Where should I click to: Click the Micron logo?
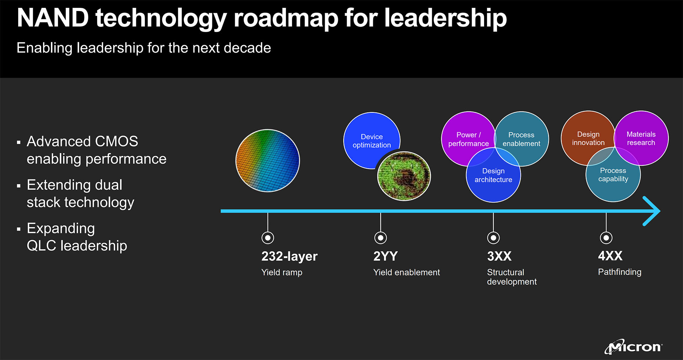pyautogui.click(x=634, y=346)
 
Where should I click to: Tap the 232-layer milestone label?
pyautogui.click(x=289, y=256)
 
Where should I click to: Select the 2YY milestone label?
pyautogui.click(x=385, y=256)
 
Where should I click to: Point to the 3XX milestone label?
pyautogui.click(x=499, y=256)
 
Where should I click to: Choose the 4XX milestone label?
pyautogui.click(x=610, y=256)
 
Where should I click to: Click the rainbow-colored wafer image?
pyautogui.click(x=268, y=160)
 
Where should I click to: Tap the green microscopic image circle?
pyautogui.click(x=404, y=176)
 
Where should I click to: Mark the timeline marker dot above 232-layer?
pyautogui.click(x=268, y=238)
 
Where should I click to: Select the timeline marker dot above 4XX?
pyautogui.click(x=606, y=238)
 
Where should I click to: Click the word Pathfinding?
pyautogui.click(x=620, y=272)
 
